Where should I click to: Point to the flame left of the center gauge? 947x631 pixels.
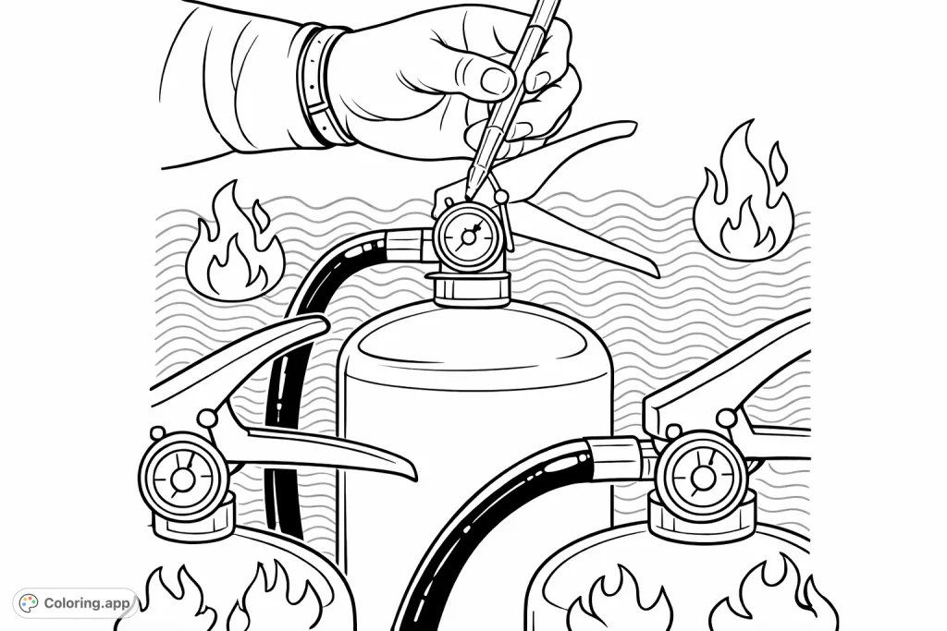point(234,243)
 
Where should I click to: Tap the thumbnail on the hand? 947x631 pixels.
point(496,80)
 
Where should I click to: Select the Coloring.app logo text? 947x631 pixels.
point(88,603)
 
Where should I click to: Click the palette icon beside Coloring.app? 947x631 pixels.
point(30,603)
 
